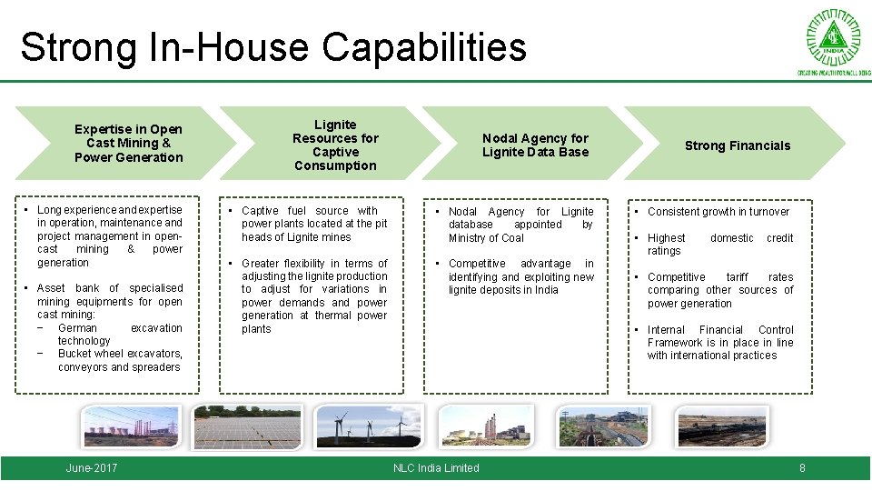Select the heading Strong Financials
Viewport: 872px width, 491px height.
[x=737, y=145]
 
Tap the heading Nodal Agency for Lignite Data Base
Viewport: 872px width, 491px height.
[x=535, y=145]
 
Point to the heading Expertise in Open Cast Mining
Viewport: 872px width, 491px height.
[x=128, y=143]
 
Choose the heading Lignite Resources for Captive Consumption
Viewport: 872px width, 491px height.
[x=334, y=145]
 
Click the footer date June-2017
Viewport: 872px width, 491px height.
[x=92, y=468]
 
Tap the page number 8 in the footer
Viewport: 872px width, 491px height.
[x=802, y=468]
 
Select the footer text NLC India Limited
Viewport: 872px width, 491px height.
[x=436, y=468]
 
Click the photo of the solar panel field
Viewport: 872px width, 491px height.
[x=247, y=427]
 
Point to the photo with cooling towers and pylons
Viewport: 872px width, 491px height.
[x=132, y=427]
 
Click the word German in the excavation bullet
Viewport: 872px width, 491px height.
[x=77, y=328]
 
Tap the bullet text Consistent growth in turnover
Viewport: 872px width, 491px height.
[x=718, y=212]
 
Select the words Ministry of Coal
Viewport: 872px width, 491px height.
[x=486, y=238]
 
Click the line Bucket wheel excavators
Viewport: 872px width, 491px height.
[x=120, y=354]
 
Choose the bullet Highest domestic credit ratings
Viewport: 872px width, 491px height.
[x=719, y=245]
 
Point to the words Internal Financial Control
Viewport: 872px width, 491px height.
[x=720, y=330]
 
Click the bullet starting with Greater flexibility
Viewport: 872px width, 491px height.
[x=314, y=296]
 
